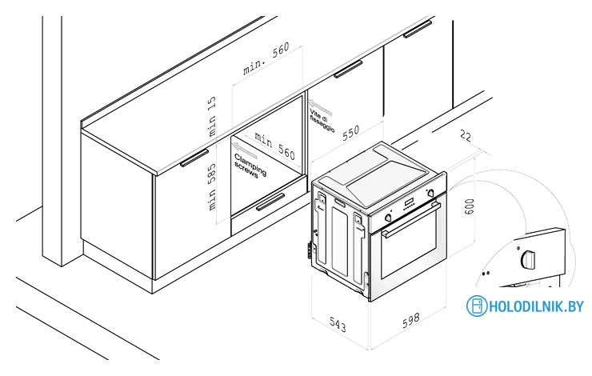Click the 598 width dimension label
410,320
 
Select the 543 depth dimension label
338,325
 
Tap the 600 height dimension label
470,206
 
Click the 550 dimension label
350,133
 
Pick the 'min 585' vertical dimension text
212,187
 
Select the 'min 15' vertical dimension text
212,116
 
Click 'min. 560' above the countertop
266,58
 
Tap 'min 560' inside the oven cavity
275,146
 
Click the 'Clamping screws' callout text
250,166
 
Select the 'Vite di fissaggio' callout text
322,121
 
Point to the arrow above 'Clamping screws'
244,150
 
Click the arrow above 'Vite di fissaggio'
320,107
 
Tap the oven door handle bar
411,220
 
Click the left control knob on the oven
387,218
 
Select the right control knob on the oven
430,194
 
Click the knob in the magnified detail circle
528,259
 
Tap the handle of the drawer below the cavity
270,202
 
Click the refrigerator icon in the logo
477,306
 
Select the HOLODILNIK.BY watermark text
537,306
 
